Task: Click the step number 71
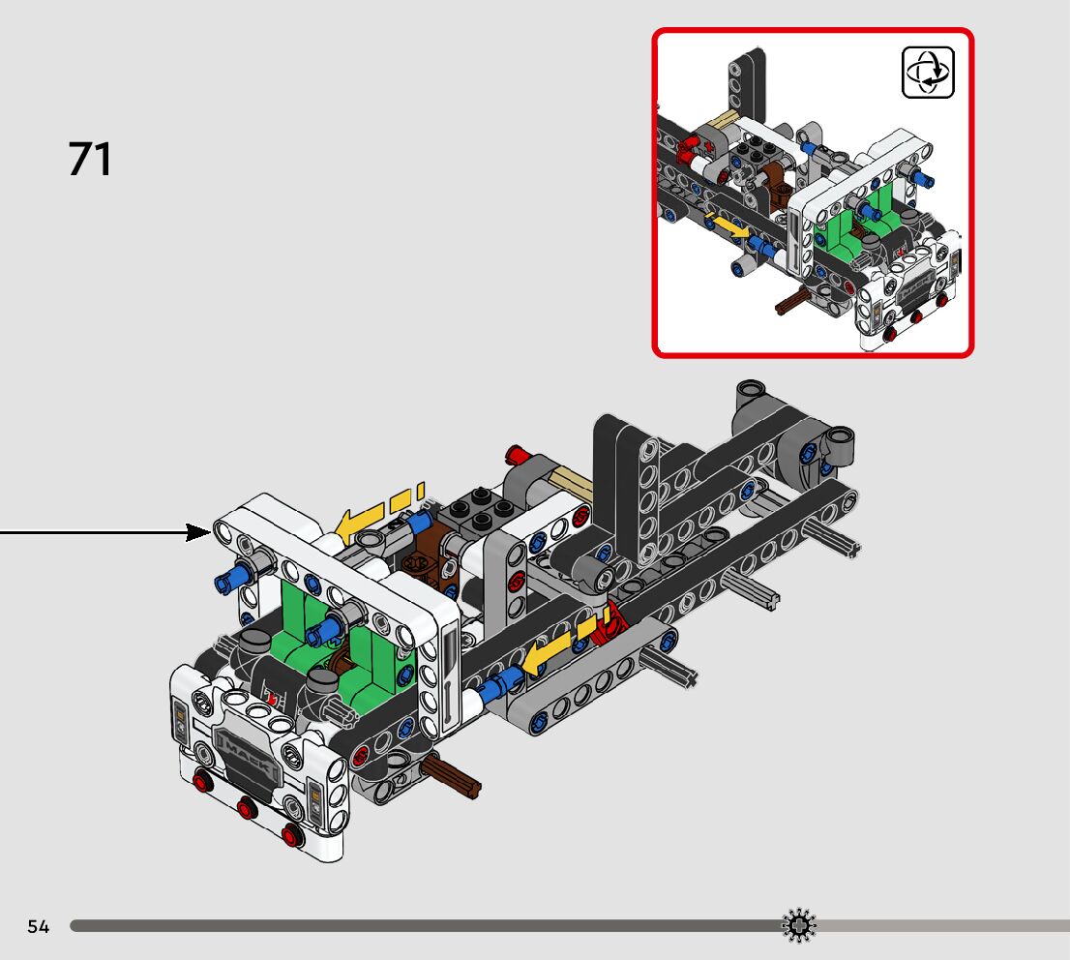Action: pos(89,159)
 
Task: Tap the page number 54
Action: pos(39,926)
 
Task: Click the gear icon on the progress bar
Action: pos(798,926)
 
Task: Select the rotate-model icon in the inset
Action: pos(928,73)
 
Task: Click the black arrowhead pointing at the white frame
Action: pos(198,532)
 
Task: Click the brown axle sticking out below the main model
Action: pos(451,776)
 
